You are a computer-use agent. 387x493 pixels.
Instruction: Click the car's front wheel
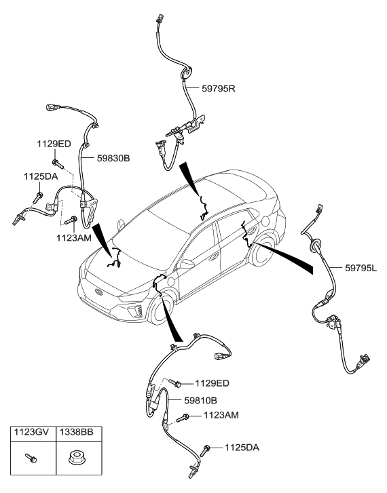161,309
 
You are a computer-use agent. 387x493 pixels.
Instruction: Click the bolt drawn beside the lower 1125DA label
206,447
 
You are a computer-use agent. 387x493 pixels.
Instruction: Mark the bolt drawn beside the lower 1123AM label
183,418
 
